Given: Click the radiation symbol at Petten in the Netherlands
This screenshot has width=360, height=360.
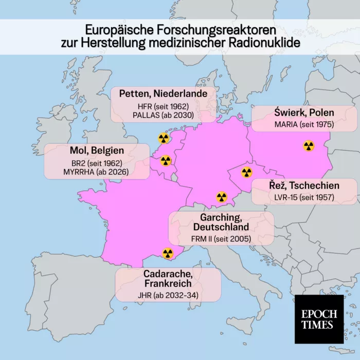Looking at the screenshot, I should (x=163, y=138).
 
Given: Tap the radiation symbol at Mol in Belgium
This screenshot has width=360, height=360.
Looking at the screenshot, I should (x=166, y=161).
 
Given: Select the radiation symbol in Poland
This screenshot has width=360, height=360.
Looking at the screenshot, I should (x=309, y=146).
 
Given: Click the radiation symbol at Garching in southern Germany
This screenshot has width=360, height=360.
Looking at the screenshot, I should (x=222, y=197).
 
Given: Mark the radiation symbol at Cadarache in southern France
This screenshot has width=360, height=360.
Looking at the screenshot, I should (x=168, y=253).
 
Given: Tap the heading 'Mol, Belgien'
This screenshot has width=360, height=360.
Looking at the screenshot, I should (x=97, y=151).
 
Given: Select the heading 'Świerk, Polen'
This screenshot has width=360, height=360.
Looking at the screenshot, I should (x=303, y=113).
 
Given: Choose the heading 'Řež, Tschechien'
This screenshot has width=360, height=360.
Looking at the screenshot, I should (x=304, y=185).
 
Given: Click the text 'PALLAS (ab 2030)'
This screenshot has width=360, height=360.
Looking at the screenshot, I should (x=163, y=115).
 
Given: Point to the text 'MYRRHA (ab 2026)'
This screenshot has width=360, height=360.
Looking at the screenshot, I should (x=97, y=172).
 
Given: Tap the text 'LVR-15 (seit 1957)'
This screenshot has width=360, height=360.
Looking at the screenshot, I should (x=304, y=197).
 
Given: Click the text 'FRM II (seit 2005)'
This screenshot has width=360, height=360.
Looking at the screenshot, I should (x=222, y=239).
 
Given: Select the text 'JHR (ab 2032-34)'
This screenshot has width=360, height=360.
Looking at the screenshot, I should (x=168, y=295).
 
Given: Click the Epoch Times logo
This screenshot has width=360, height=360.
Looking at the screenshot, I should (x=319, y=319).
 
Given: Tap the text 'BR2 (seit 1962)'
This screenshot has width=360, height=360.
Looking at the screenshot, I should (x=97, y=163).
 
